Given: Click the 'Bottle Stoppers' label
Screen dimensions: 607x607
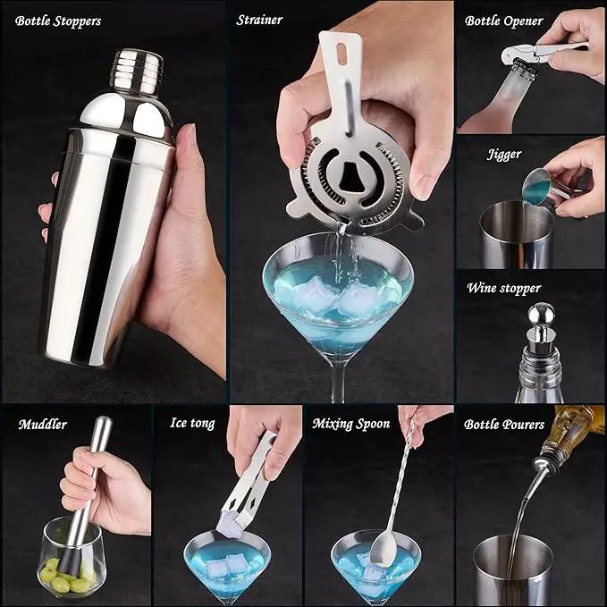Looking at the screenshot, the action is pos(58,21).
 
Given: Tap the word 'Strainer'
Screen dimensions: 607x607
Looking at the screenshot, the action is pos(259,21).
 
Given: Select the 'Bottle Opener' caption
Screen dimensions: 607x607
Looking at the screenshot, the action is pos(503,21).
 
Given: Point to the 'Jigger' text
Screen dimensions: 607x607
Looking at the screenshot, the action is pos(504,155).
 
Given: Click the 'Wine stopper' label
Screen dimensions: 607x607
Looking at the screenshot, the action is pos(503,289).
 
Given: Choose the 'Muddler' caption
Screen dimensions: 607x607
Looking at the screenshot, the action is pos(43,425).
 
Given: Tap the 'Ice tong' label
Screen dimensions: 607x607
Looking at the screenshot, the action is pos(192,423).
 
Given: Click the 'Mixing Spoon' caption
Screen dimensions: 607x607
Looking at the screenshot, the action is pos(351,424).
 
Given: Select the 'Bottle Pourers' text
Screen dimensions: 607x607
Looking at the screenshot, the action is pos(504,425).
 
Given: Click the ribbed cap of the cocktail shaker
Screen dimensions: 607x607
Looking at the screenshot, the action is pos(138,72).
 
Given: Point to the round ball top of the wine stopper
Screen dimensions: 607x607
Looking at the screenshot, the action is pos(542,315).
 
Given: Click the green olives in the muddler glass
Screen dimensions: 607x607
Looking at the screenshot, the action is pos(69,574).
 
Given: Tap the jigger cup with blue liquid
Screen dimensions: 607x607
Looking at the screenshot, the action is pos(538,186).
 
